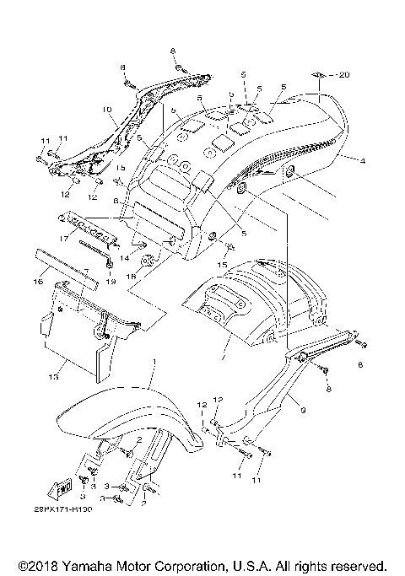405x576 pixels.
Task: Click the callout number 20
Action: click(343, 75)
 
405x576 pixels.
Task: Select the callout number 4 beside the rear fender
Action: click(362, 159)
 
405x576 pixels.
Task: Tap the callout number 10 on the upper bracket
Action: click(107, 109)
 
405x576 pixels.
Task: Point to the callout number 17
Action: click(63, 239)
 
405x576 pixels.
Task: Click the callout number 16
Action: click(37, 283)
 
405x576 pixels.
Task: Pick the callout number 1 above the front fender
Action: click(154, 360)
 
